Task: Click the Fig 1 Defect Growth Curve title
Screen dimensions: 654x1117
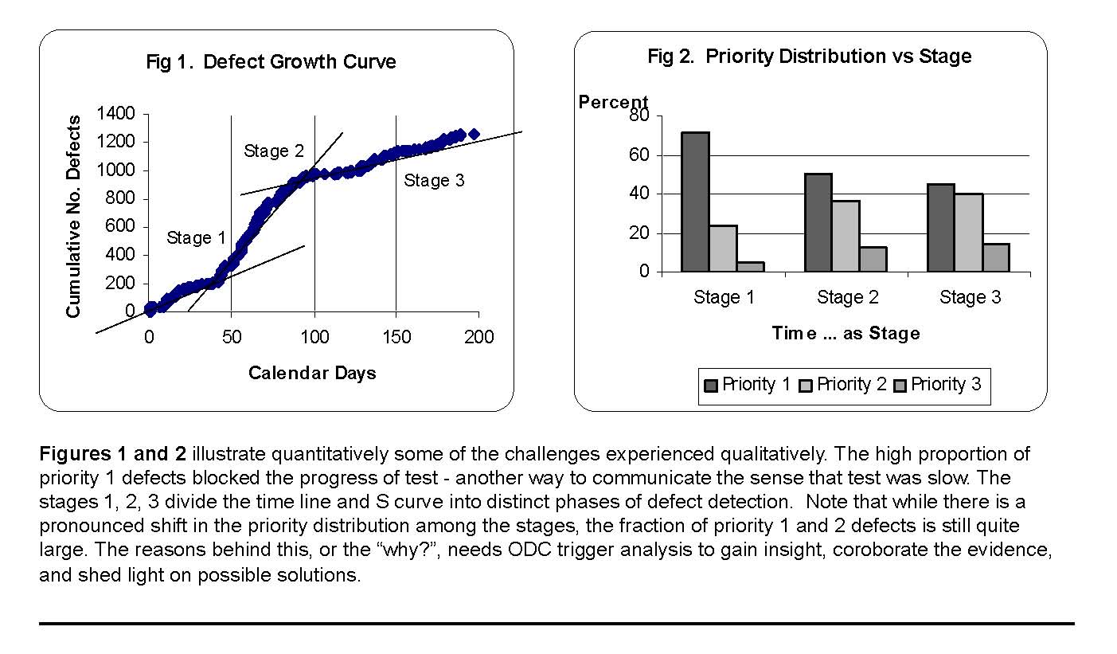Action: tap(271, 62)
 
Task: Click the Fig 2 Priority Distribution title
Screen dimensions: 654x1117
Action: tap(809, 57)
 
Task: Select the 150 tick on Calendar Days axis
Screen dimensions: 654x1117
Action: tap(396, 337)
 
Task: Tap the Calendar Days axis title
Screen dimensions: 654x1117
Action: tap(312, 373)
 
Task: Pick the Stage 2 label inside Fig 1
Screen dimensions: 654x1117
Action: tap(274, 151)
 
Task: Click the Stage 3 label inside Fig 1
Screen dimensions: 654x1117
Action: tap(434, 181)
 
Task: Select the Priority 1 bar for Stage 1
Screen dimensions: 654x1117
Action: tap(695, 202)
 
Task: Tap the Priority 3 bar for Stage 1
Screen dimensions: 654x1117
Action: tap(750, 267)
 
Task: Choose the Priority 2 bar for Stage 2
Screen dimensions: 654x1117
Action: tap(846, 236)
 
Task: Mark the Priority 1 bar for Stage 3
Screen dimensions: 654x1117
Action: tap(941, 228)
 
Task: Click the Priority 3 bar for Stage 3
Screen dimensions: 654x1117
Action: tap(996, 258)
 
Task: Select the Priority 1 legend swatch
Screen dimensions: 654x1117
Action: tap(711, 386)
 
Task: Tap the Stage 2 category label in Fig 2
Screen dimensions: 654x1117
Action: tap(847, 298)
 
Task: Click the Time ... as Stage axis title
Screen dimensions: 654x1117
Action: tap(846, 334)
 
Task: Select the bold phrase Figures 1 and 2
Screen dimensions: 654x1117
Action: tap(112, 454)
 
